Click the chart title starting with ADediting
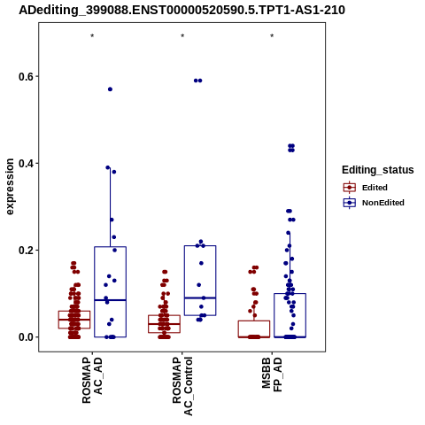coord(182,11)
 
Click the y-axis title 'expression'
coord(10,187)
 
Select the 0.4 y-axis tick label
coord(26,164)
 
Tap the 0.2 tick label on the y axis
coord(26,251)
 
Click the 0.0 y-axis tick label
coord(26,337)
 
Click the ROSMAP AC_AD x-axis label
coord(92,381)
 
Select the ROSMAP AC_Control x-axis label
coord(182,386)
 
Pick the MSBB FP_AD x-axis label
coord(272,375)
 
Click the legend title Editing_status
coord(378,170)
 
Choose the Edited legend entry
coord(366,188)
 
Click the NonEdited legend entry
coord(374,203)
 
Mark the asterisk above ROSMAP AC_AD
coord(92,36)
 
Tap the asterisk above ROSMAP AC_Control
coord(182,36)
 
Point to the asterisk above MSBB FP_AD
coord(272,36)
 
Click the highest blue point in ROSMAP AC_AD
coord(110,89)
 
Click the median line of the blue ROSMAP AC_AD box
coord(111,300)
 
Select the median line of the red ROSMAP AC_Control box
coord(165,324)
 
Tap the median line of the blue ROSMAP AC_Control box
coord(200,298)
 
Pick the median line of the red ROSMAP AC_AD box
coord(74,320)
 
